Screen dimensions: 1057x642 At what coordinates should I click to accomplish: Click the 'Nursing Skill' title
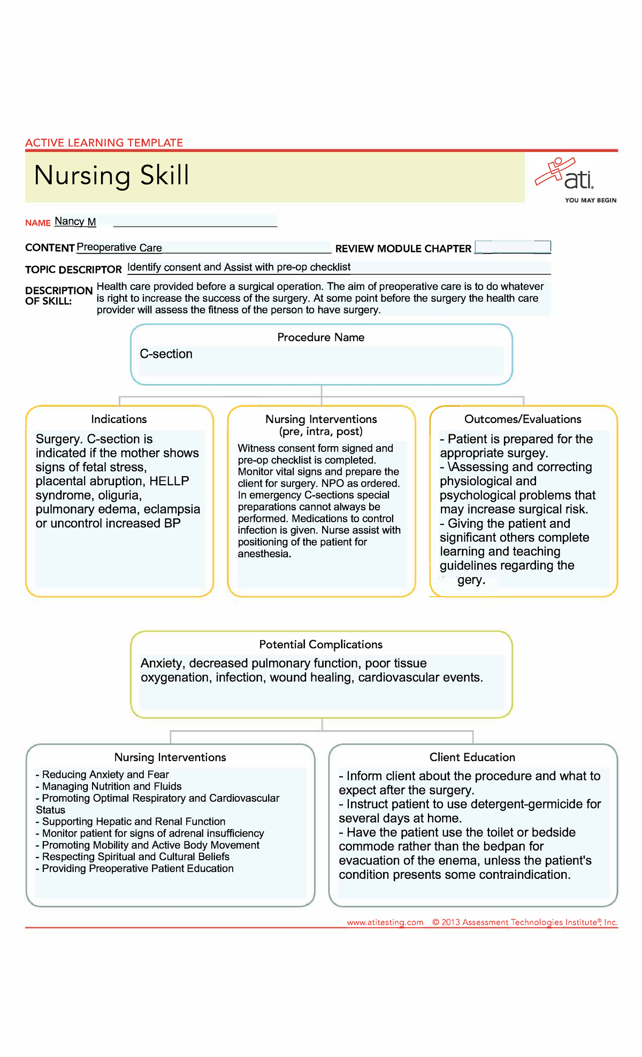coord(112,176)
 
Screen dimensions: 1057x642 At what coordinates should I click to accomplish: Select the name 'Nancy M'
coord(75,221)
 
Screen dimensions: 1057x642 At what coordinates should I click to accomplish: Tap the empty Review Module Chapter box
coord(512,247)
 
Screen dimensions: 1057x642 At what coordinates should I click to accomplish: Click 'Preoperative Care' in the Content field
coord(119,248)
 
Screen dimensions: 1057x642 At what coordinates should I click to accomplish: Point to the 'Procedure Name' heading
coord(320,338)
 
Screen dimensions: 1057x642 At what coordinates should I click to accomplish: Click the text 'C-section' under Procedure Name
coord(166,354)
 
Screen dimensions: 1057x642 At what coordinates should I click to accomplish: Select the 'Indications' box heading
coord(119,419)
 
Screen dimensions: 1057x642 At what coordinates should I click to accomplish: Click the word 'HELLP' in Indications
coord(169,481)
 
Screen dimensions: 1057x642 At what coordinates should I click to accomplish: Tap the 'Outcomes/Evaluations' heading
coord(523,419)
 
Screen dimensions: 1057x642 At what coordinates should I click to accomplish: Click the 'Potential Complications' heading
coord(320,645)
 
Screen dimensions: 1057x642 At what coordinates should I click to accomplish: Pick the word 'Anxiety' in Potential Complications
coord(161,663)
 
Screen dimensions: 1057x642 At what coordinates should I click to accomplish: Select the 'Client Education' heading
coord(472,757)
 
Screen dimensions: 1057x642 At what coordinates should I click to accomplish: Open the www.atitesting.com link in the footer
coord(385,922)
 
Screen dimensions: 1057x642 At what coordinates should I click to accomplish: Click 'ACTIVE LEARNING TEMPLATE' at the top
coord(104,143)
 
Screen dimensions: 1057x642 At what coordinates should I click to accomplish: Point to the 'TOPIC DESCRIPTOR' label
coord(73,270)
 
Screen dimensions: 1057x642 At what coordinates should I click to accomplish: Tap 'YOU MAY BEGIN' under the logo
coord(591,201)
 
